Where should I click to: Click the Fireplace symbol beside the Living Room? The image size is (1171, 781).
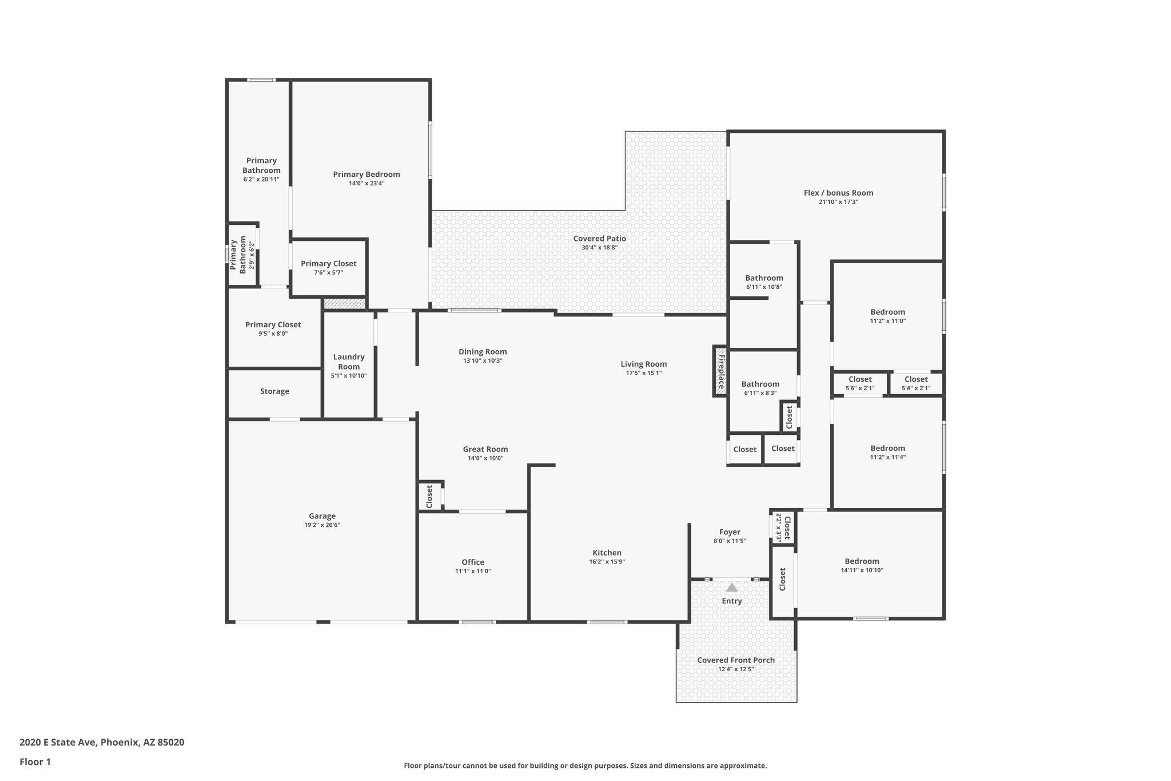(720, 371)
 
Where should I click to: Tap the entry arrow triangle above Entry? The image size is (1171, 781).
(731, 587)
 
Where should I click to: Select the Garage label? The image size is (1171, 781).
(322, 516)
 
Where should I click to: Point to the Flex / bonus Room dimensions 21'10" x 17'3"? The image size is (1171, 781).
(838, 202)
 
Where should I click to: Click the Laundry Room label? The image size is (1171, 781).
(349, 362)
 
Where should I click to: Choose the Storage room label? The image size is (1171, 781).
(274, 391)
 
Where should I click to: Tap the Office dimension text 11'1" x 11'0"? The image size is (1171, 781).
(473, 571)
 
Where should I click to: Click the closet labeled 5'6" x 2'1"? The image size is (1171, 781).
(859, 383)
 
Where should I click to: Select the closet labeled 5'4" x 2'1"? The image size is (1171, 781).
(915, 383)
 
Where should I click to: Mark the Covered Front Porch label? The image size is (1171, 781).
(736, 660)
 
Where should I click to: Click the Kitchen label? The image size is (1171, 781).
(607, 553)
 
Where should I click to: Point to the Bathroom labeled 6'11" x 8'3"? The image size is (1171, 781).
(760, 388)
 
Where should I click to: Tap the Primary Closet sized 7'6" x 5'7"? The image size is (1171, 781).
(328, 268)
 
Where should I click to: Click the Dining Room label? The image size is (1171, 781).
(483, 352)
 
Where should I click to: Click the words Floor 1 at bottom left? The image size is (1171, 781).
(35, 762)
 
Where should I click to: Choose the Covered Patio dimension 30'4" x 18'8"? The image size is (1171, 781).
(599, 248)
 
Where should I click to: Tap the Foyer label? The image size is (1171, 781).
(730, 532)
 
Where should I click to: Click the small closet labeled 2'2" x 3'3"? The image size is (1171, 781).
(783, 527)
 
